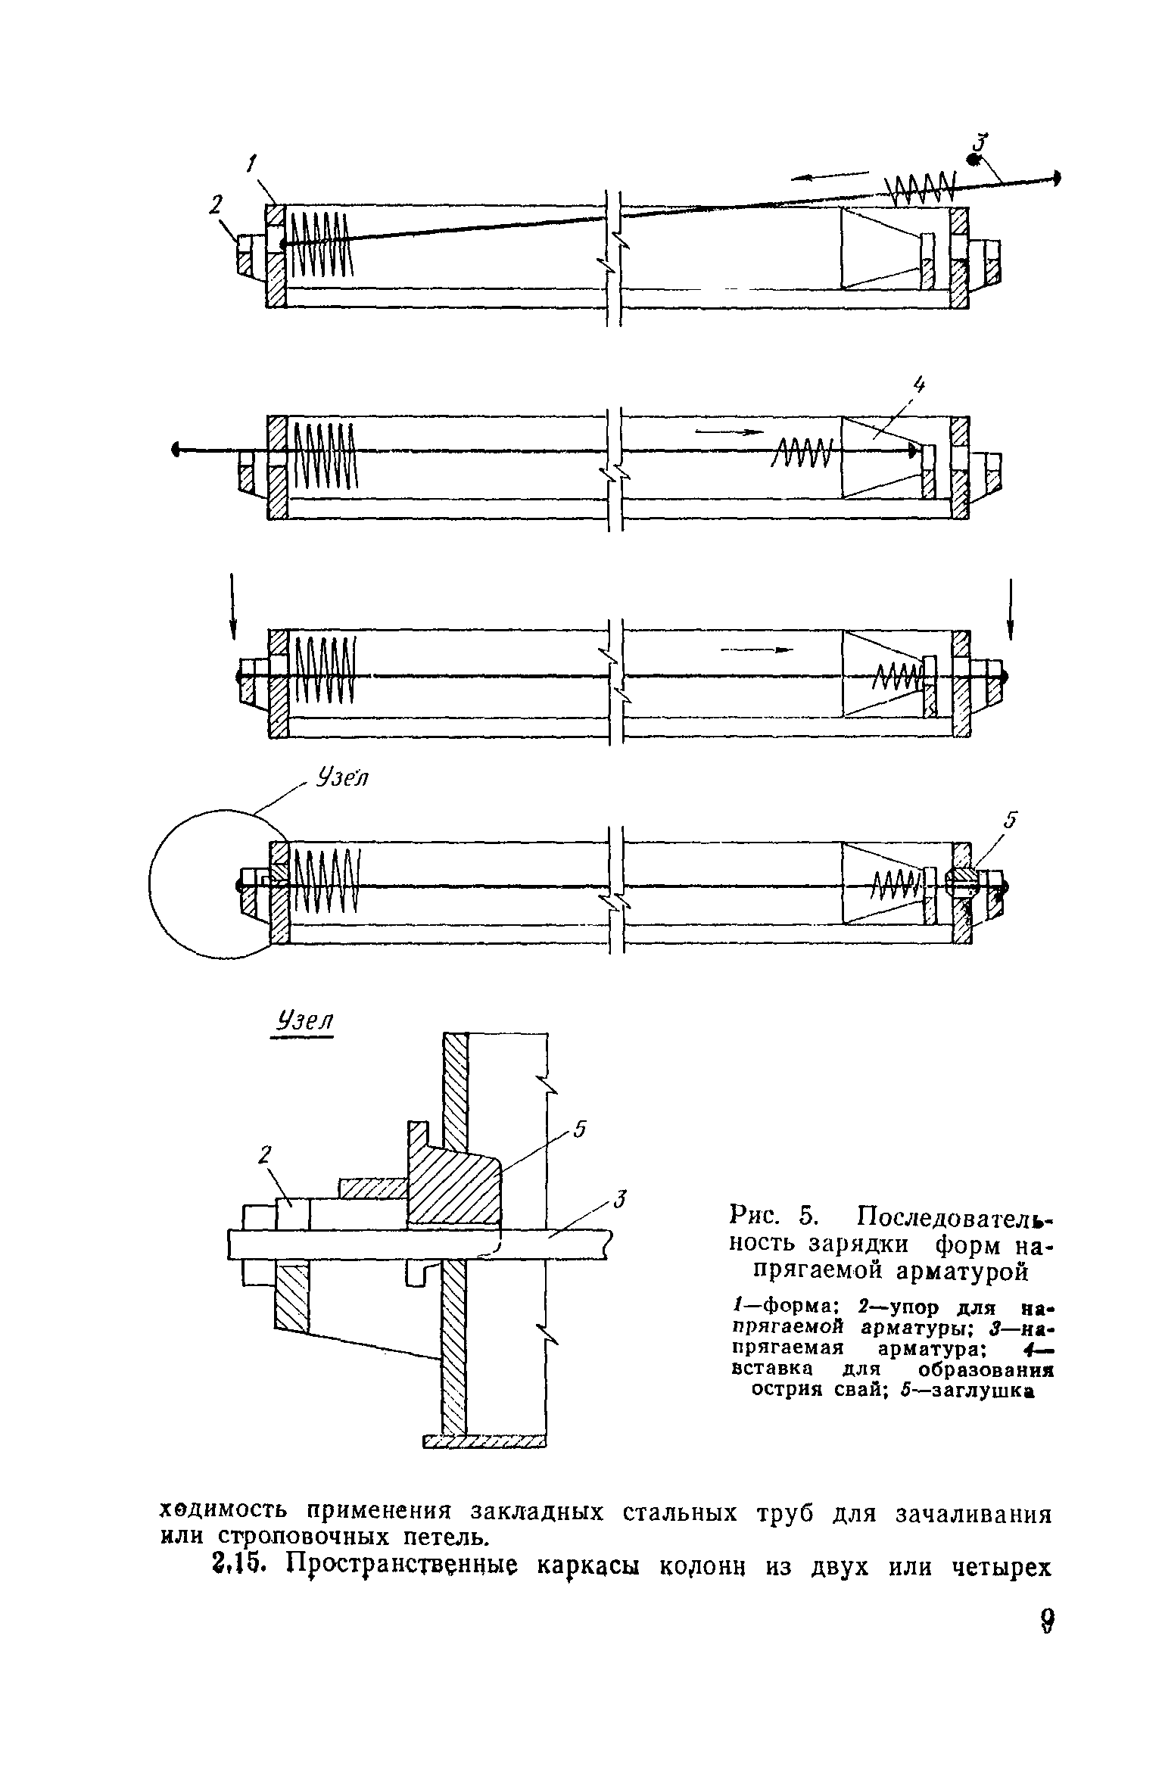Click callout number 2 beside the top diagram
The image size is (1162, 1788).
point(217,204)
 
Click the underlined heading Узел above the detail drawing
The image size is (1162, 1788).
point(302,1021)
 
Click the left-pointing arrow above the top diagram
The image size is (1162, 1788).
point(829,176)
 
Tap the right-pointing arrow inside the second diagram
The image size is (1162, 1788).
point(727,432)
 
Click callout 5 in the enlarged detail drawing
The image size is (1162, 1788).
point(579,1130)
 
